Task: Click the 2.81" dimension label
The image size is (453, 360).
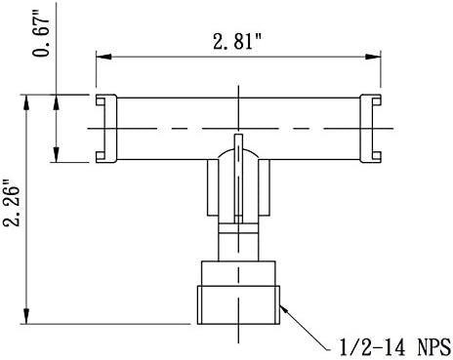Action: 237,42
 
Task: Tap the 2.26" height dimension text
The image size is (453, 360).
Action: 12,202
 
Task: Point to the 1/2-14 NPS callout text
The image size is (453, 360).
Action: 395,347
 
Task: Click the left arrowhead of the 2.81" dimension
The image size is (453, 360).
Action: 103,57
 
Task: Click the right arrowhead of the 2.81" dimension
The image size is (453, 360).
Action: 373,57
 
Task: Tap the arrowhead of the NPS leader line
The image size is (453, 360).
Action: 284,309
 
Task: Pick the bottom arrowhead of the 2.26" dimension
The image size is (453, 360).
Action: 26,316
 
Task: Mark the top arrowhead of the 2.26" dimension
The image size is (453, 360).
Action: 26,102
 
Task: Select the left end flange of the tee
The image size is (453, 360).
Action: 106,129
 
